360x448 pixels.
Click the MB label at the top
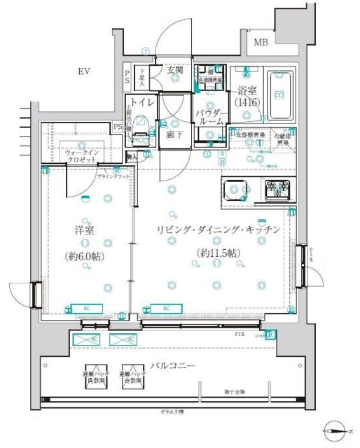(x=261, y=43)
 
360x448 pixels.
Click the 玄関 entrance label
(x=175, y=70)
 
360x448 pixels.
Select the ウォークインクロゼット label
(x=83, y=155)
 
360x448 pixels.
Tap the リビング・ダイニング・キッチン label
(x=219, y=230)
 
